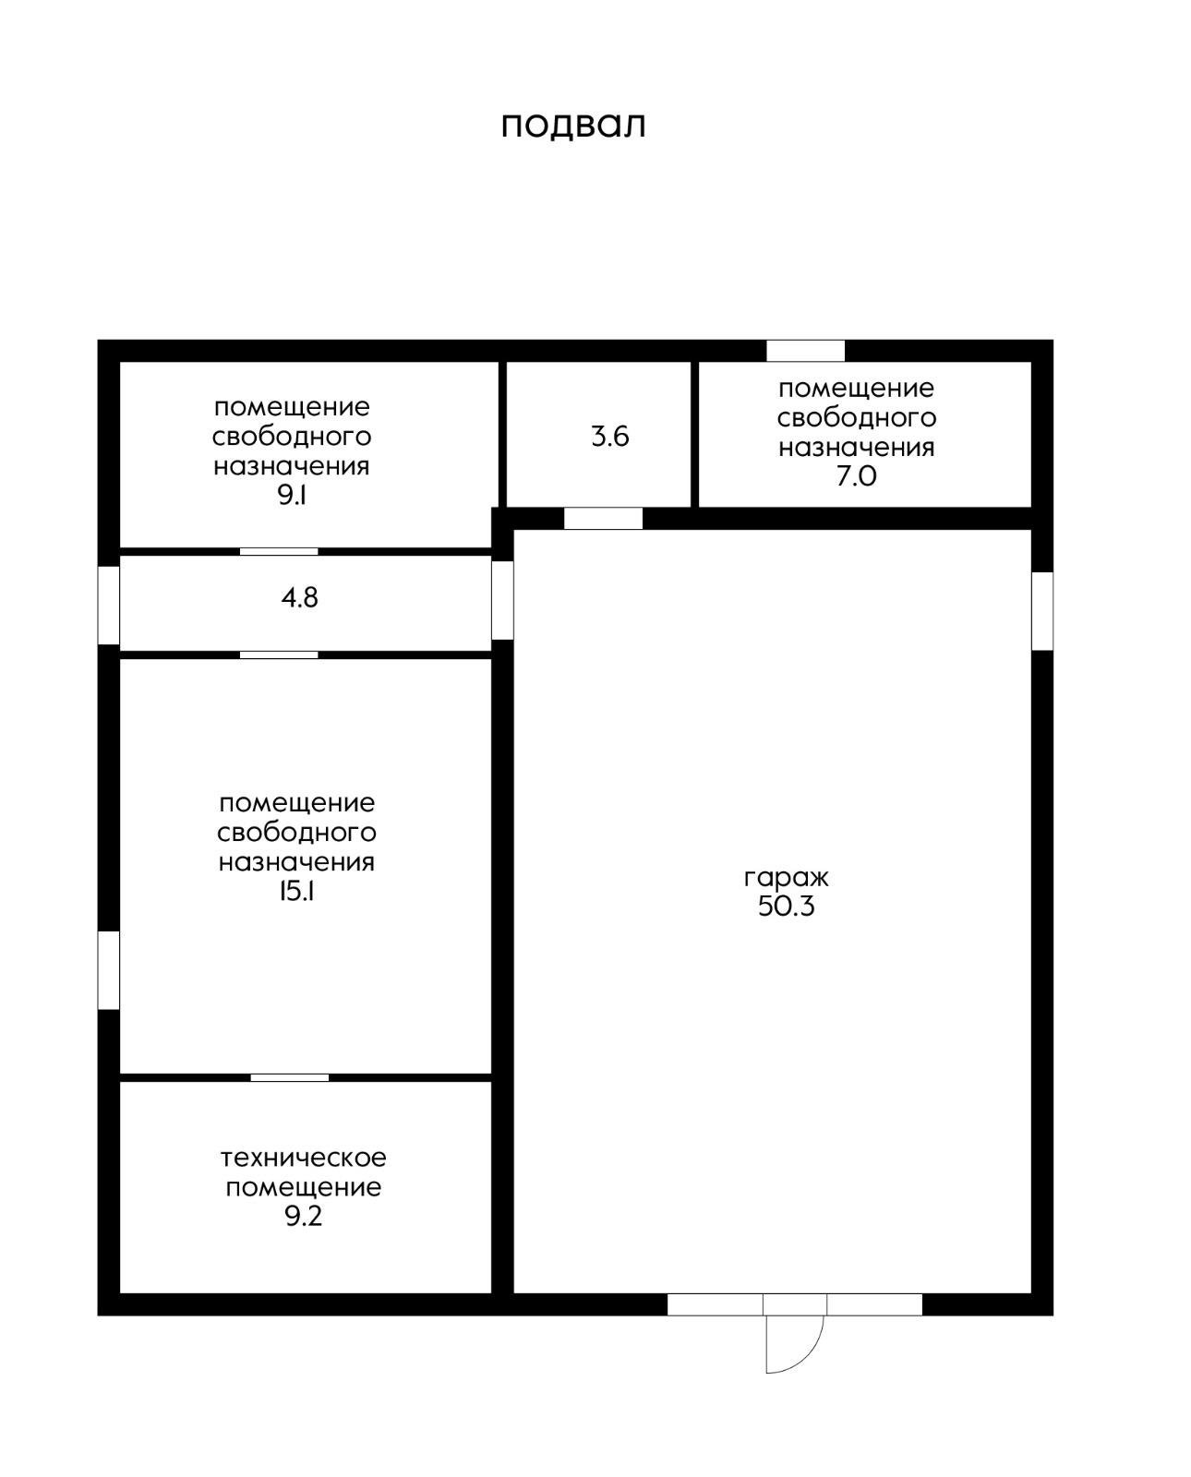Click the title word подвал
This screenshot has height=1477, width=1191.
[x=573, y=126]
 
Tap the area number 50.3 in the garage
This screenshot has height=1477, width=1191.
[x=786, y=907]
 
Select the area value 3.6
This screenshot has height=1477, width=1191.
[x=609, y=437]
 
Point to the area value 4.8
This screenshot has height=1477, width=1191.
[x=300, y=598]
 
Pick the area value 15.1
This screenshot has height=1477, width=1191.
[x=296, y=892]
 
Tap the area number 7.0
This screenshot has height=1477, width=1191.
[x=856, y=476]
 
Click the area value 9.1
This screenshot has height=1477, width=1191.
[x=292, y=495]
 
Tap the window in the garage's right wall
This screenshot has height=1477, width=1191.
[x=1042, y=611]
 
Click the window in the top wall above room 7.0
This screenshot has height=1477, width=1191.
[x=805, y=350]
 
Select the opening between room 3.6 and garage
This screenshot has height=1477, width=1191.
[x=604, y=518]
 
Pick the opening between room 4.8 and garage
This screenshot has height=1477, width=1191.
[x=502, y=601]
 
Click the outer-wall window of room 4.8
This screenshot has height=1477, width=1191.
[x=108, y=606]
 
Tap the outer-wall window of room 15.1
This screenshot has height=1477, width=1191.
[x=108, y=970]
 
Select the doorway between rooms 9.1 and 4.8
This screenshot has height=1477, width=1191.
[x=279, y=552]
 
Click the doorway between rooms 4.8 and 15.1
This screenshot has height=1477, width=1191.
[x=279, y=655]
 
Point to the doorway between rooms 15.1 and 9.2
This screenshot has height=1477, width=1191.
[x=290, y=1078]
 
